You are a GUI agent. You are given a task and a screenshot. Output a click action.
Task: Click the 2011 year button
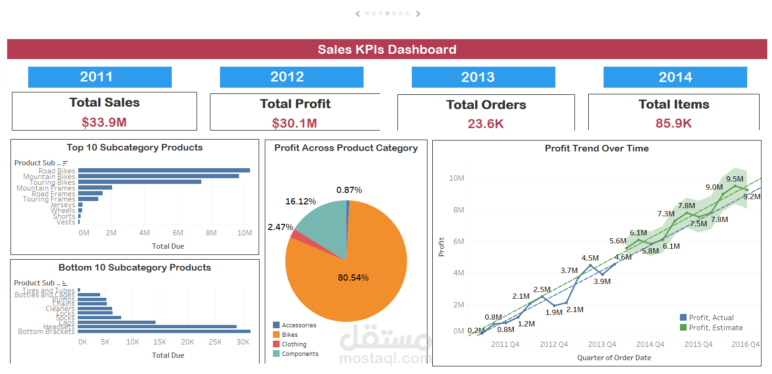click(100, 77)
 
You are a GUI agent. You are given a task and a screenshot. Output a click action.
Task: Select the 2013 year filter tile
click(483, 77)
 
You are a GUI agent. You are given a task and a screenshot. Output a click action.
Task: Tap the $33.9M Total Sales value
click(104, 122)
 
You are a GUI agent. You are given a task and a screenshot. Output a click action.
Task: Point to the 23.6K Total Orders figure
click(485, 124)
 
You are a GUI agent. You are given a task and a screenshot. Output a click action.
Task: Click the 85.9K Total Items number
click(673, 123)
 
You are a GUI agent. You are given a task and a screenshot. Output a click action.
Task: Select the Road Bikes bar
click(164, 170)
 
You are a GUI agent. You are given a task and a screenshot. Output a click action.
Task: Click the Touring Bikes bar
click(139, 182)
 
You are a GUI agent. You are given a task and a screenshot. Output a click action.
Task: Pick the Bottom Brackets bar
click(164, 331)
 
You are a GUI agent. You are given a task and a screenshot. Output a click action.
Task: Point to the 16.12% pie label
click(301, 202)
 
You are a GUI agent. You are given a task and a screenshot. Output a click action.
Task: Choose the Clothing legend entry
click(294, 344)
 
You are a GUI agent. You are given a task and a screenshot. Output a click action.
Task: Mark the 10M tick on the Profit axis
click(456, 178)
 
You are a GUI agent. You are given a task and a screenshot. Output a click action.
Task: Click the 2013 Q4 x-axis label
click(602, 344)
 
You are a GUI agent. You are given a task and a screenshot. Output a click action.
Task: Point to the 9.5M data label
click(734, 179)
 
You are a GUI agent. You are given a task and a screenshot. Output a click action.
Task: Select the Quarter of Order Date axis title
click(614, 358)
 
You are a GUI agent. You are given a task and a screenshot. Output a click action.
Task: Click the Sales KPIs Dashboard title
click(387, 50)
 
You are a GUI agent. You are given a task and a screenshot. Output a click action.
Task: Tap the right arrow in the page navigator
click(418, 14)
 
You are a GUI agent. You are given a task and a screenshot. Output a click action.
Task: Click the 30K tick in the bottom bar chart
click(243, 342)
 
